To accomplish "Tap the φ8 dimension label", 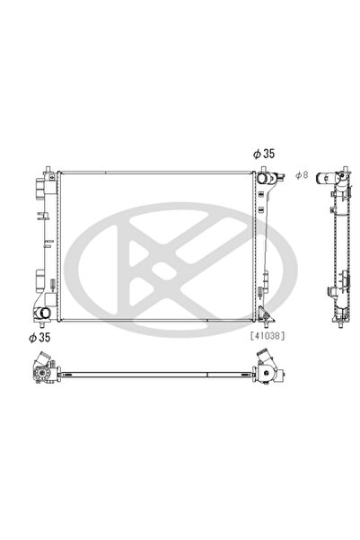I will tap(302, 174).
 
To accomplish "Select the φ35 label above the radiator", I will tap(263, 155).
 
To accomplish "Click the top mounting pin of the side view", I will tap(344, 169).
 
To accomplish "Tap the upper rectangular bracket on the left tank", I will tap(39, 190).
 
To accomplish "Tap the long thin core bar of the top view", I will tap(153, 370).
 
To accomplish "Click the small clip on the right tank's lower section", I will tap(262, 289).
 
